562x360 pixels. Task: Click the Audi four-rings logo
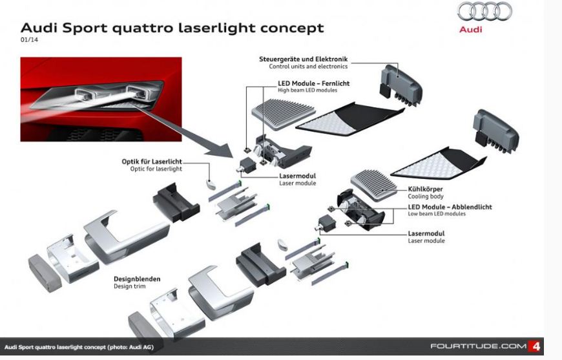click(x=484, y=12)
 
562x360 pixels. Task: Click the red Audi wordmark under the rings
click(x=471, y=29)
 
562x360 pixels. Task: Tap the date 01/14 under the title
click(x=29, y=40)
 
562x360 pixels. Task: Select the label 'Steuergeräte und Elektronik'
click(x=303, y=59)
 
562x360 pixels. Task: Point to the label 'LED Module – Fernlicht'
click(x=313, y=83)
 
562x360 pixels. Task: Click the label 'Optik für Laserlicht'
click(x=152, y=162)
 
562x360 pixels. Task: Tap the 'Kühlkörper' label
click(x=426, y=189)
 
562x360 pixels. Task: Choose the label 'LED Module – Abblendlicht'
click(x=450, y=207)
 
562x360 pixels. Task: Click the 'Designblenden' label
click(x=137, y=279)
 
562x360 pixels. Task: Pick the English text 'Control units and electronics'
click(x=308, y=67)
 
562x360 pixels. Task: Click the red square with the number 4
click(x=535, y=346)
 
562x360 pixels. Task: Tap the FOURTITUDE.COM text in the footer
click(x=478, y=346)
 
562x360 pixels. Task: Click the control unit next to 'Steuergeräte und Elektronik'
click(x=401, y=85)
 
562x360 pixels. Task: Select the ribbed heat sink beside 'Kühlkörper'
click(x=373, y=185)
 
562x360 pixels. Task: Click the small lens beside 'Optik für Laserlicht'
click(x=211, y=184)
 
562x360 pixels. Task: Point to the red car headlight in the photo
click(x=98, y=95)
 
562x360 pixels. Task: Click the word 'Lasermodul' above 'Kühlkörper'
click(x=298, y=176)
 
